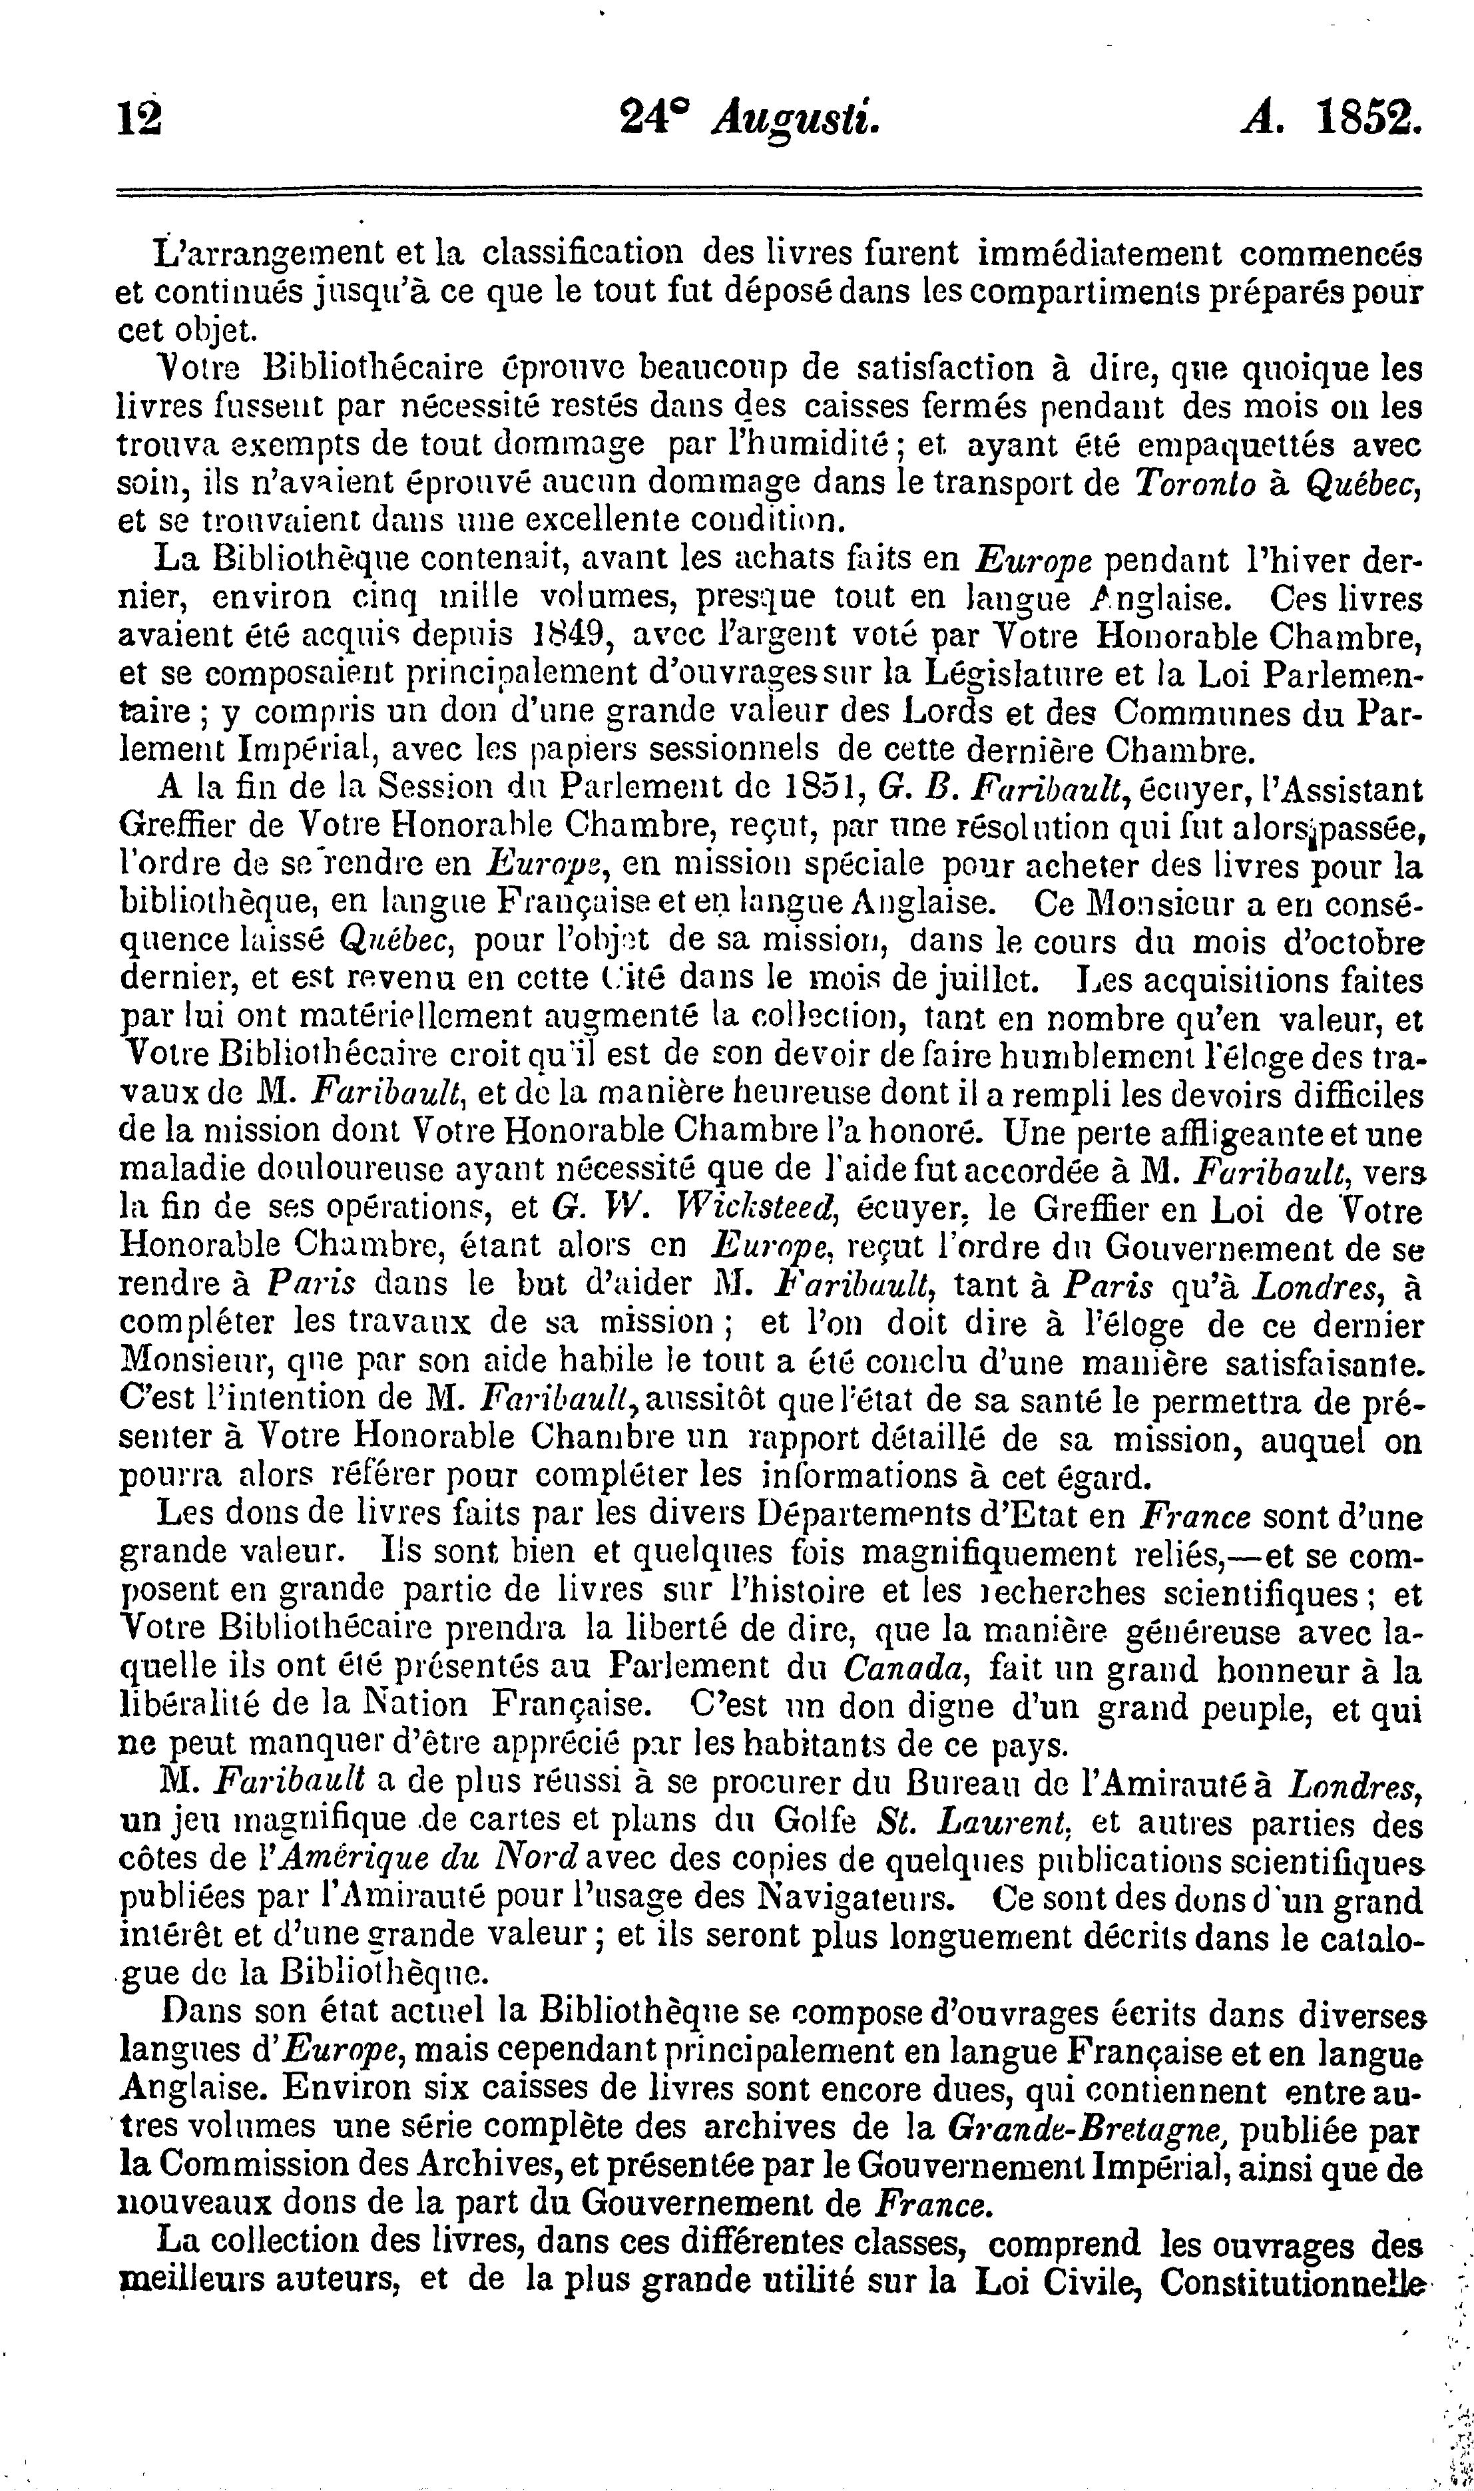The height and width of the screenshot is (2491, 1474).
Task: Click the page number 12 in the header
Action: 139,120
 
